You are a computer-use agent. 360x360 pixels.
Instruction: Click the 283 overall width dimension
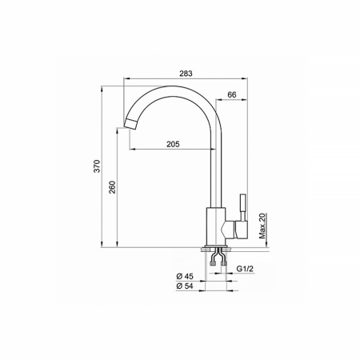tap(186, 73)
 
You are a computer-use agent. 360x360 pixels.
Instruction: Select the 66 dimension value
tap(231, 95)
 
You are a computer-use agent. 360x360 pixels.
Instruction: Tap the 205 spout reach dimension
tap(172, 144)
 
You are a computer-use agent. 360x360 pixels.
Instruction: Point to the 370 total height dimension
tap(96, 166)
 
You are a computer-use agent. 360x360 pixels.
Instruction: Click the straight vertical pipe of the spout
tap(214, 168)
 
